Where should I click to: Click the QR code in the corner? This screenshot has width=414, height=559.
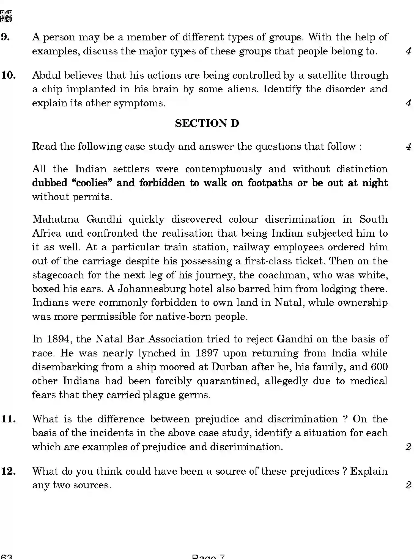pos(6,16)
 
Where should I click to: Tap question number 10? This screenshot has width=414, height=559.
pos(8,75)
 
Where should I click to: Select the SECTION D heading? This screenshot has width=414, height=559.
pos(207,123)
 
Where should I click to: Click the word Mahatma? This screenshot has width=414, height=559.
pos(56,219)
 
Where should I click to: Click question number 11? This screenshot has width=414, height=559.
pos(8,419)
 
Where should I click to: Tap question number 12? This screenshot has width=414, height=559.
pos(8,471)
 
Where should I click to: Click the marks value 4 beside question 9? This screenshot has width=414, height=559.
pos(408,51)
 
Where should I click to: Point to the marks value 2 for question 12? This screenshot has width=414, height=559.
pos(408,485)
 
